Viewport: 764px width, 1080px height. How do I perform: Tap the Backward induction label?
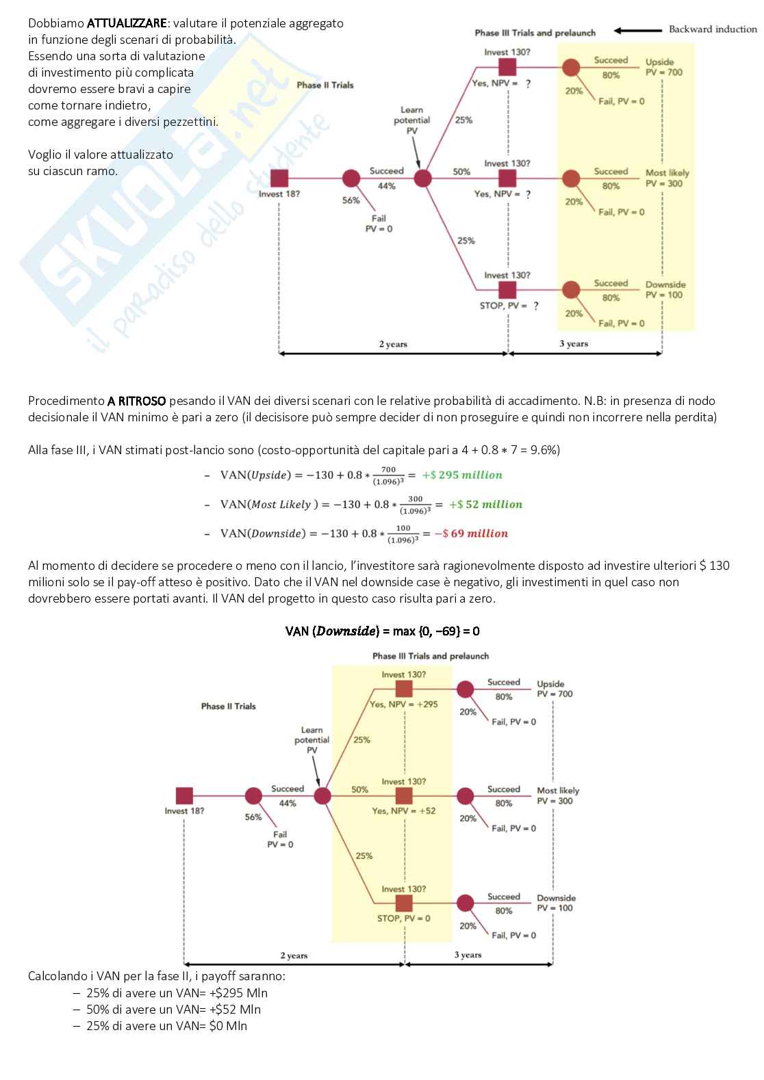click(x=713, y=29)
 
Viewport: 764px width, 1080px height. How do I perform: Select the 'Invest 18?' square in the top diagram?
click(x=279, y=179)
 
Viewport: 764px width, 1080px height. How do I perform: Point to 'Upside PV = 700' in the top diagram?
click(x=663, y=67)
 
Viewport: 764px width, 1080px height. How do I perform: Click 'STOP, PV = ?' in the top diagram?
click(x=508, y=306)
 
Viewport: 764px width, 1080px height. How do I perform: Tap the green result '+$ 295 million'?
click(x=462, y=475)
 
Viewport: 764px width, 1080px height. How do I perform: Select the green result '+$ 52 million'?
click(x=485, y=504)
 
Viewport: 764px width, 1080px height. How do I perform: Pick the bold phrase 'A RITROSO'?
click(x=136, y=401)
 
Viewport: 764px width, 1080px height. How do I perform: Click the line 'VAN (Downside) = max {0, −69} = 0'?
click(x=382, y=631)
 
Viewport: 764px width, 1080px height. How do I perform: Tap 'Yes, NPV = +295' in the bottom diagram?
click(x=404, y=704)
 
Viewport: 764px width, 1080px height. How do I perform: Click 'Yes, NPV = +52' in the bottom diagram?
click(x=404, y=811)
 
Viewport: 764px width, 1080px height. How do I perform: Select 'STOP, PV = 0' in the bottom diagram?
click(x=404, y=919)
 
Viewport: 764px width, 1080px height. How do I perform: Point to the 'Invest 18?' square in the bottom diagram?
click(x=184, y=796)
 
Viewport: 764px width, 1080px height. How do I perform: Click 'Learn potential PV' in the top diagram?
click(x=411, y=120)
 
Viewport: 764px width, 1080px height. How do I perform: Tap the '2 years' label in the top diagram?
click(x=393, y=344)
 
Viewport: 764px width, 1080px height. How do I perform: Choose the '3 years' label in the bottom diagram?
click(x=468, y=955)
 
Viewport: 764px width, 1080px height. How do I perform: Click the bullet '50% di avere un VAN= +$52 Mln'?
click(x=173, y=1010)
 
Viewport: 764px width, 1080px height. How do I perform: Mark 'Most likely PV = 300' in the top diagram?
click(x=667, y=179)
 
